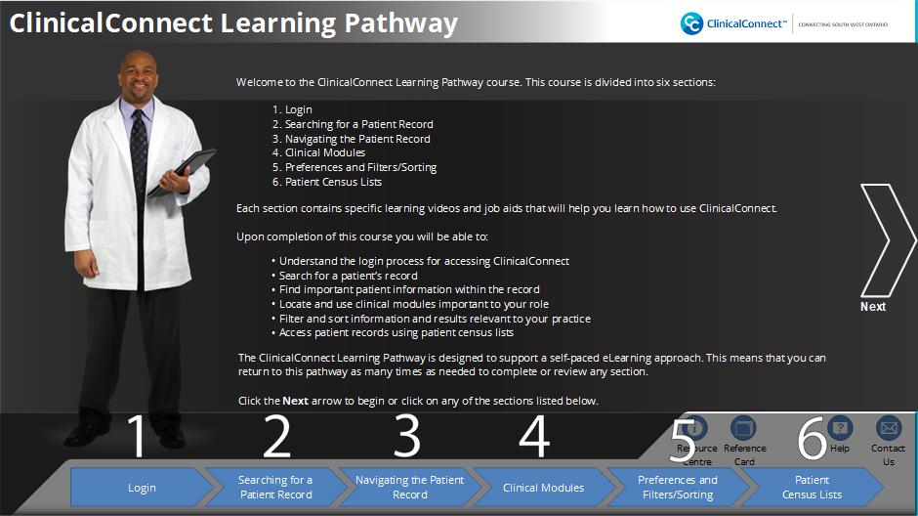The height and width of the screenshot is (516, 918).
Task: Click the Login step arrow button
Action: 142,487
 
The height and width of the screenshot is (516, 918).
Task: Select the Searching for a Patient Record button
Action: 275,487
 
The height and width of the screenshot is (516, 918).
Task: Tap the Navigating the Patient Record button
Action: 410,487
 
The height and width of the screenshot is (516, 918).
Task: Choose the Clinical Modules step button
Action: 543,487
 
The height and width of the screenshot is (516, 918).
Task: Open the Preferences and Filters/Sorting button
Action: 678,487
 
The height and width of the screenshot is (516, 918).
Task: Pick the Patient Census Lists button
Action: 812,487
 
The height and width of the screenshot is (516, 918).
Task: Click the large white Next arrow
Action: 885,240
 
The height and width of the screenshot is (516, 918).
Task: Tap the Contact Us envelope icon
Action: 888,428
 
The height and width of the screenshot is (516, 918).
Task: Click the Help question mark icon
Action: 840,428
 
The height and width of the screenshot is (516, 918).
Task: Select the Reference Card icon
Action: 743,428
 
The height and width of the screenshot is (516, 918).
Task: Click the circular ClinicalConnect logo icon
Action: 691,23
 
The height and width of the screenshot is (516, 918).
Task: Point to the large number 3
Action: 407,436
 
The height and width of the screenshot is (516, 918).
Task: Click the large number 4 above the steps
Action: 534,436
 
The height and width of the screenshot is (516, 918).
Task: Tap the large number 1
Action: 137,436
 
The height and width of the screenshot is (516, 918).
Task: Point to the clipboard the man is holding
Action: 182,172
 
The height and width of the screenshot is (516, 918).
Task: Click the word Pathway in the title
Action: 401,24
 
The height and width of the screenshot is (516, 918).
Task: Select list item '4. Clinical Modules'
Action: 318,152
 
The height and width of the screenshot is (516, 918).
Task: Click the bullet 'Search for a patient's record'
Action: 345,276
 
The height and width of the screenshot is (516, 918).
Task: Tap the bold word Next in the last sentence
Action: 295,402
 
